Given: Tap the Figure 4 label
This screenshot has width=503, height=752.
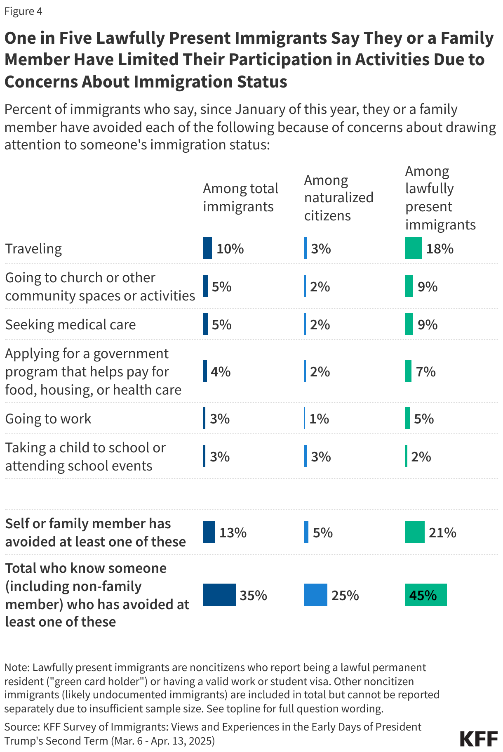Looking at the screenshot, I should [23, 11].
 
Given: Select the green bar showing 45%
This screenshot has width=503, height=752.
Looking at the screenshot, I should [425, 595].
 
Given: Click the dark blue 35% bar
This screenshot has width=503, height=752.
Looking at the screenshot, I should [219, 595].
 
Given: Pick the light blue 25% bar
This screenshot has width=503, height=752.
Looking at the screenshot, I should [315, 595].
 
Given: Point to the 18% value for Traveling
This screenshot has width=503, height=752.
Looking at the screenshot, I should [440, 248].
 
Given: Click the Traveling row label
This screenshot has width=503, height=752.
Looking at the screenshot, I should [33, 248].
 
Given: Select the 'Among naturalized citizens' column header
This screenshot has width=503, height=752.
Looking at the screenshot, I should [338, 198].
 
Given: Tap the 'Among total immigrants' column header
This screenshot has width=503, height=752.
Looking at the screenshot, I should [240, 197].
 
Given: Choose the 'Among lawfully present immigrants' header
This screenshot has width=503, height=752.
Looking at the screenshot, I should [440, 198].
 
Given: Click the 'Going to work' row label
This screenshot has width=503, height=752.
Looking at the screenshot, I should [48, 419].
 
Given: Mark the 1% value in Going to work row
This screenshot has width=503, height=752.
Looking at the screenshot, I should [319, 419].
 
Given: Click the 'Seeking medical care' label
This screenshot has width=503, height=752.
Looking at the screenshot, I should [70, 324].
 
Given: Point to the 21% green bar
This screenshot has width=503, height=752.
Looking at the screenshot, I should [414, 532].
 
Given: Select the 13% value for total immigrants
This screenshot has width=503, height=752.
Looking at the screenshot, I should [233, 532].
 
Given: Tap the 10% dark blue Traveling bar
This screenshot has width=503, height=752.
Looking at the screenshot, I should [207, 248].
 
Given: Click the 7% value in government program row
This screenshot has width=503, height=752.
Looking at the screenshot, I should [425, 371].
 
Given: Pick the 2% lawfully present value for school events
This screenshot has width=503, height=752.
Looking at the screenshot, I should [421, 456].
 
